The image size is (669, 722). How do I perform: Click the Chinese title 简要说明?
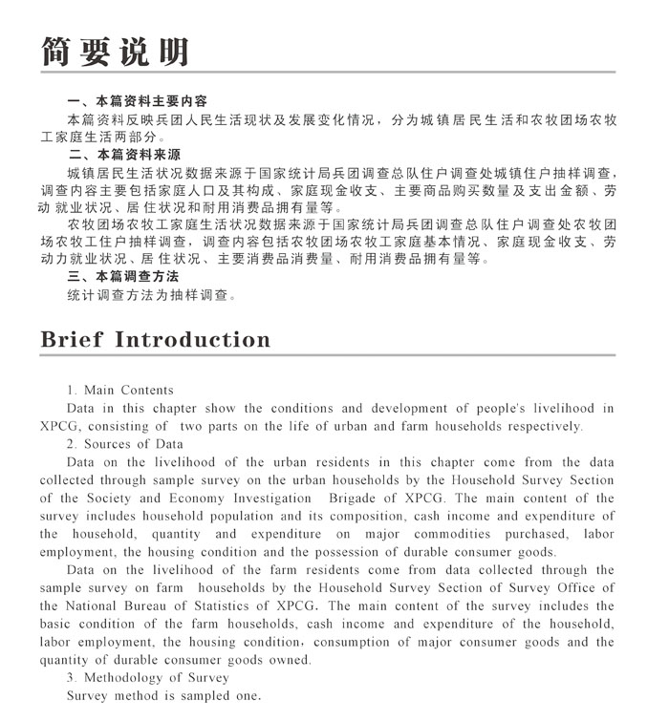(114, 53)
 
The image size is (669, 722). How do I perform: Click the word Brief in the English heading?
(72, 340)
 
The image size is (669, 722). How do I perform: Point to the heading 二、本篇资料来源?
(124, 155)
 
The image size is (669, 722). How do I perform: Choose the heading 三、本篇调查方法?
(124, 277)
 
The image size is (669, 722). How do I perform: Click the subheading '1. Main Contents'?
(120, 390)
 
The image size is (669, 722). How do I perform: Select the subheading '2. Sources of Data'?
(125, 444)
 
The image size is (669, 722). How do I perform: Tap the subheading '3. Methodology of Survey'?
(148, 678)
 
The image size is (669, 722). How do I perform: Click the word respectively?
(538, 426)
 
